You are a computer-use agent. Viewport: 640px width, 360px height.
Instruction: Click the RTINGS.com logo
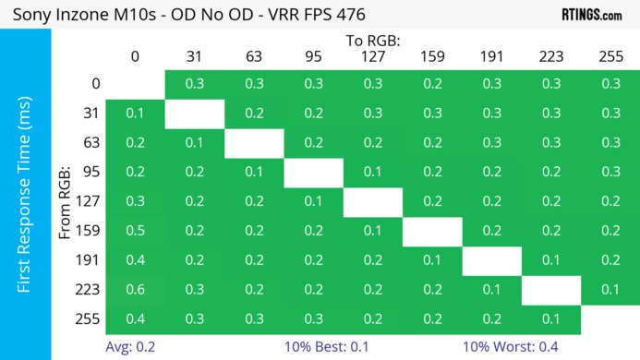591,15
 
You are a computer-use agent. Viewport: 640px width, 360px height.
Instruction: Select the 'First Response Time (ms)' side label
25,199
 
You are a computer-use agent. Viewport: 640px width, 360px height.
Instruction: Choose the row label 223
91,290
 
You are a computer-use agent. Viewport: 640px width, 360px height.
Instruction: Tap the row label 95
91,172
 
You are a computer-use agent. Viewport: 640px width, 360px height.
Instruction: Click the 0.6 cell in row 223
135,290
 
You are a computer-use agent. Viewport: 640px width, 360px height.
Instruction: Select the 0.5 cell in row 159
135,231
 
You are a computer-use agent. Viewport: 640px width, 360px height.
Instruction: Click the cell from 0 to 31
194,84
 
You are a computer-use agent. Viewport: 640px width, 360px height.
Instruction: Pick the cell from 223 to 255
609,290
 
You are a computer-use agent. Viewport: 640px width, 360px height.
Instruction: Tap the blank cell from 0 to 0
135,84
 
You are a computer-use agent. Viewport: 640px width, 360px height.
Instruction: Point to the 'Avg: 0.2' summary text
129,348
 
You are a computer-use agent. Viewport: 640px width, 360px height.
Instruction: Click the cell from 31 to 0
135,114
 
